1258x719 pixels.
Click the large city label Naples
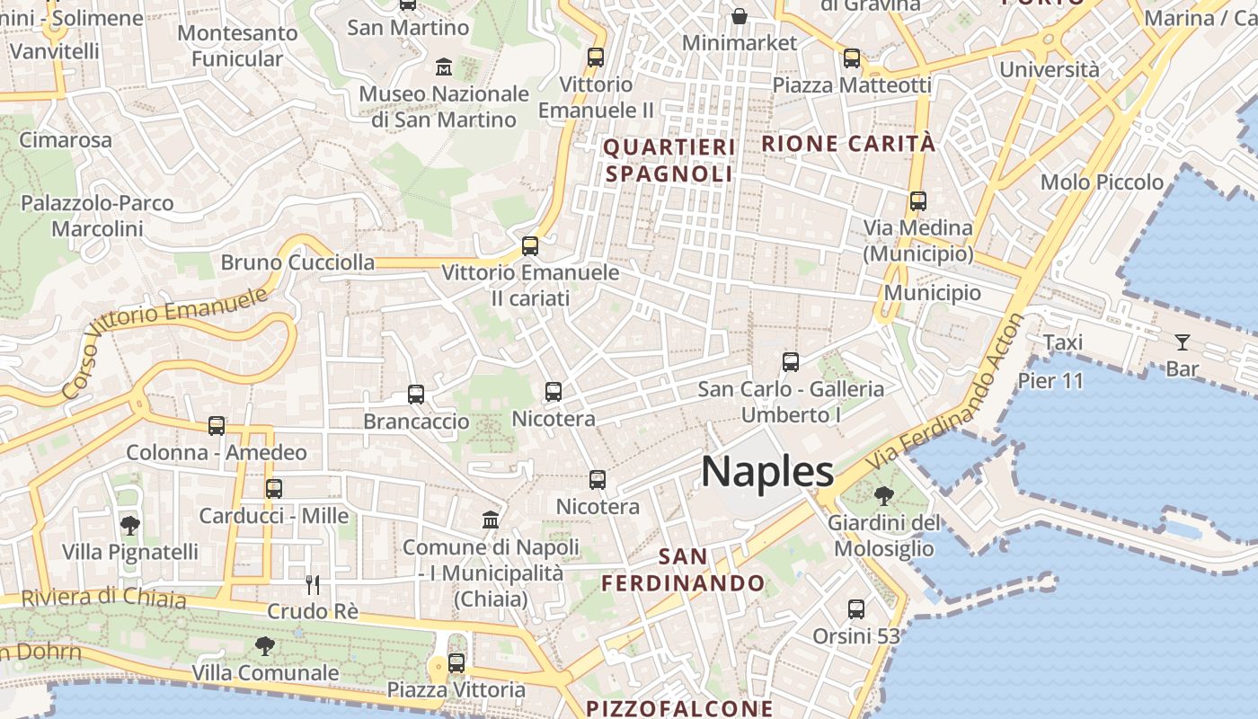click(x=767, y=472)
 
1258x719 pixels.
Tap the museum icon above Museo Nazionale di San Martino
click(x=444, y=67)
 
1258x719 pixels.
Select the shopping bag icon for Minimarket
click(x=739, y=16)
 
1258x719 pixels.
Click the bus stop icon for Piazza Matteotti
click(x=851, y=58)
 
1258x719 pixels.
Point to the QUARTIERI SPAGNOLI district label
click(x=669, y=160)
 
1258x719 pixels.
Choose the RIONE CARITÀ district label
click(x=848, y=143)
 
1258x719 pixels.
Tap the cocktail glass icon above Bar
click(x=1182, y=342)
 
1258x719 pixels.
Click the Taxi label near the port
click(x=1062, y=342)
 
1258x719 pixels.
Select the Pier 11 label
click(x=1050, y=380)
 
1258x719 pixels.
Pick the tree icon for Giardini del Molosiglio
click(x=884, y=494)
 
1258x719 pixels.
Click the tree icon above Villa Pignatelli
click(x=130, y=525)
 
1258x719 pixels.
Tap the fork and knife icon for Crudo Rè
click(x=313, y=585)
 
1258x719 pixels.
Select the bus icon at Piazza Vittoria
click(x=456, y=663)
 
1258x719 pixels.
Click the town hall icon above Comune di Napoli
click(x=491, y=519)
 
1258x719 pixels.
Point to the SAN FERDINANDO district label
click(x=683, y=570)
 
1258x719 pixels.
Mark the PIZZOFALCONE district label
click(x=679, y=708)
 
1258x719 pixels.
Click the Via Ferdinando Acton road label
click(x=943, y=395)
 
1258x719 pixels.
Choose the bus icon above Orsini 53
click(x=856, y=609)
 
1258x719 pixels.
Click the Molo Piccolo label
click(x=1102, y=182)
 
